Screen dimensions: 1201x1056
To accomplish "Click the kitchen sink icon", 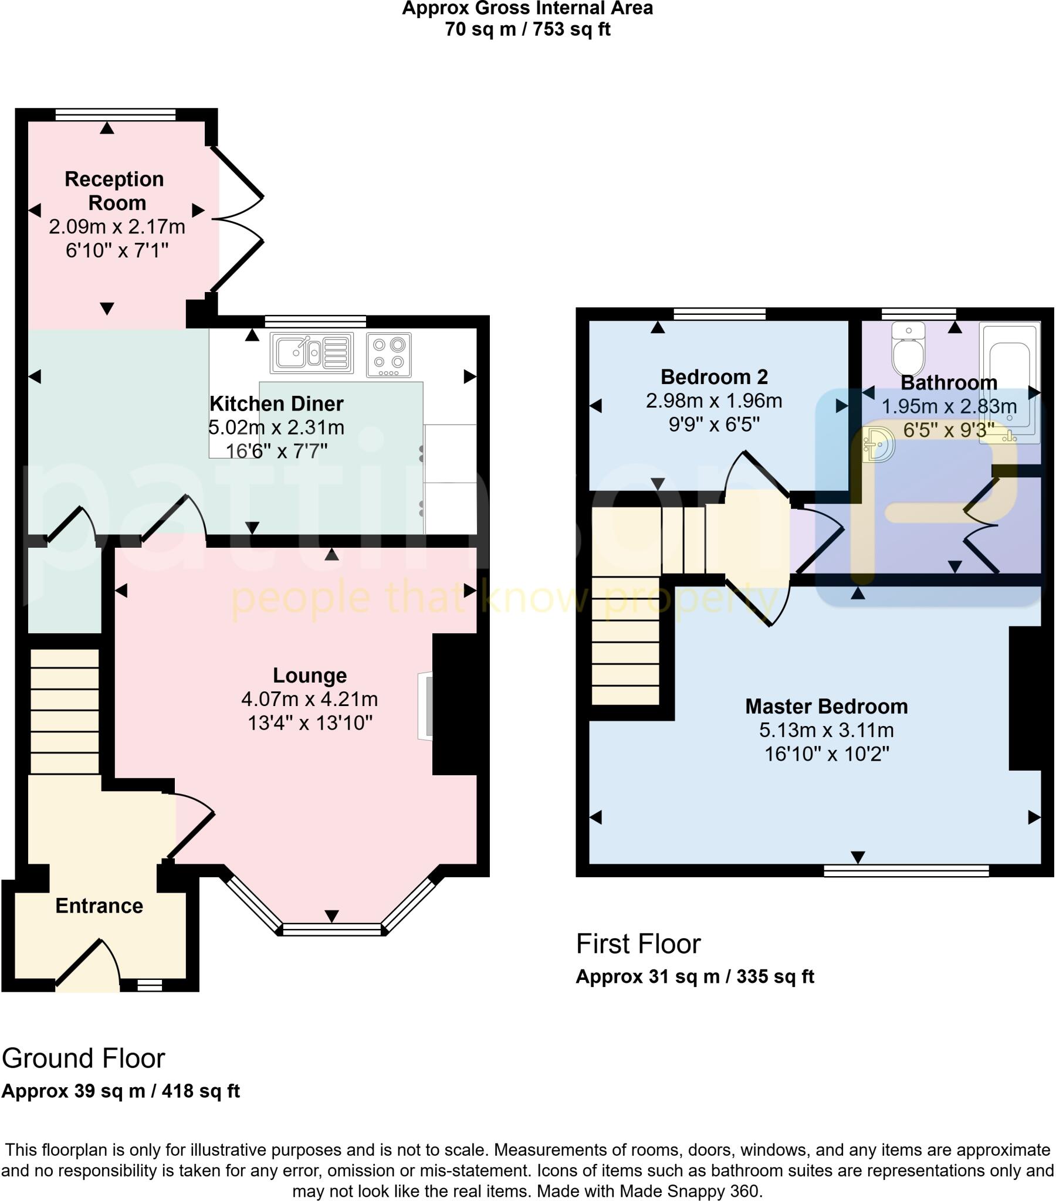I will pyautogui.click(x=312, y=353).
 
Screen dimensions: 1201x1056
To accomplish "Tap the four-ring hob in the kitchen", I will pyautogui.click(x=388, y=354).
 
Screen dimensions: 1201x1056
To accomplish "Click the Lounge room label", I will pyautogui.click(x=310, y=676).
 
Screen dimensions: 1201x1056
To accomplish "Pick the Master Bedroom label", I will pyautogui.click(x=826, y=706).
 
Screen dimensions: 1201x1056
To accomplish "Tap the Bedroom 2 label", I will pyautogui.click(x=714, y=376).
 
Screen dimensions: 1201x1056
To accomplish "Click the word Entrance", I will pyautogui.click(x=99, y=905).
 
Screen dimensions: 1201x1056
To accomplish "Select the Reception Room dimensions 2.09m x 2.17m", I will pyautogui.click(x=117, y=227).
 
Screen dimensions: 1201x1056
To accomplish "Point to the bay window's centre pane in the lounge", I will pyautogui.click(x=331, y=929).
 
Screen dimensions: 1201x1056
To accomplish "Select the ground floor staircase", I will pyautogui.click(x=64, y=711).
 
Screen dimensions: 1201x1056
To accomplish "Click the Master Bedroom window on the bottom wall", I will pyautogui.click(x=906, y=870).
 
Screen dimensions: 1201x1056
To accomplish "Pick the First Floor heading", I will pyautogui.click(x=638, y=944).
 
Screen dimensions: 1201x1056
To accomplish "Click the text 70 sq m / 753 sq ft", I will pyautogui.click(x=527, y=29).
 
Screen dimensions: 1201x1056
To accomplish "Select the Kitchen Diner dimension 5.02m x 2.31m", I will pyautogui.click(x=276, y=428).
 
